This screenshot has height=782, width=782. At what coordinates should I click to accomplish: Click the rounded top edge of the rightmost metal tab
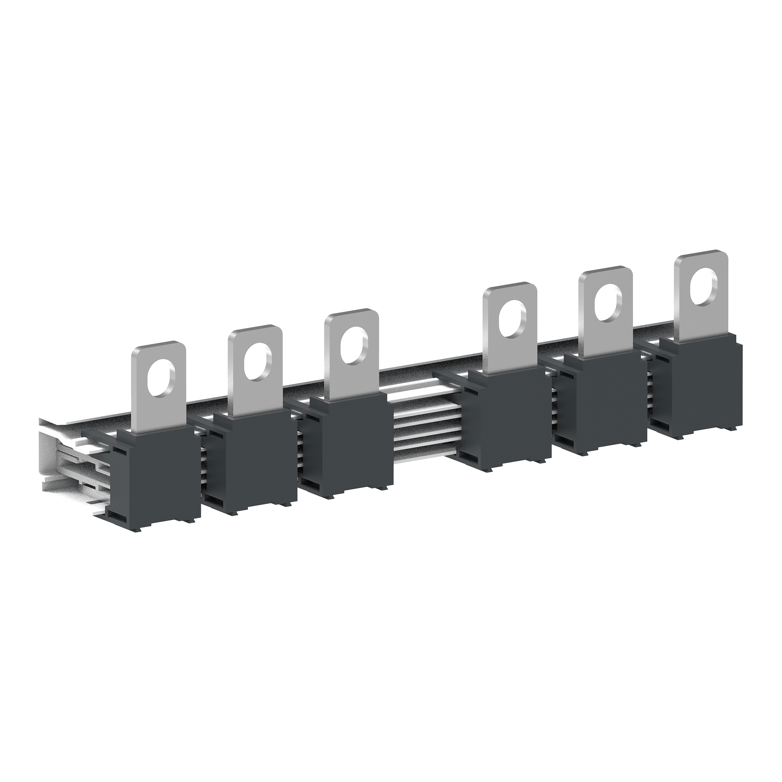coord(700,253)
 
